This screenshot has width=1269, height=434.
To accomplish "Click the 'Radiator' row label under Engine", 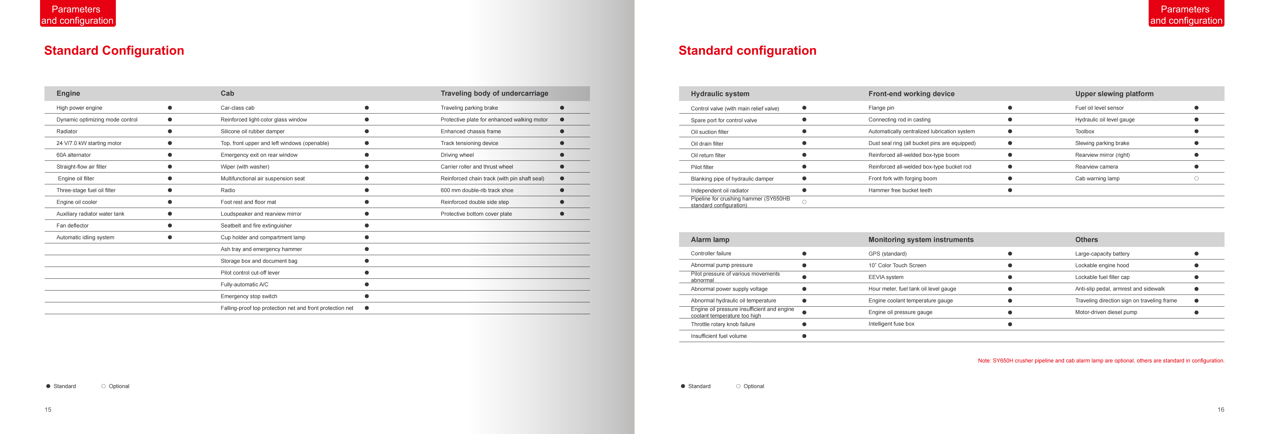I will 67,131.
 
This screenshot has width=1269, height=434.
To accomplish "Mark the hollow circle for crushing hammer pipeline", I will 804,202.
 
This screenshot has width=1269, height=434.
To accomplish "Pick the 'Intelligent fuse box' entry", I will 891,324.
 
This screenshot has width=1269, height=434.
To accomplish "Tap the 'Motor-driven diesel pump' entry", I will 1106,312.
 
